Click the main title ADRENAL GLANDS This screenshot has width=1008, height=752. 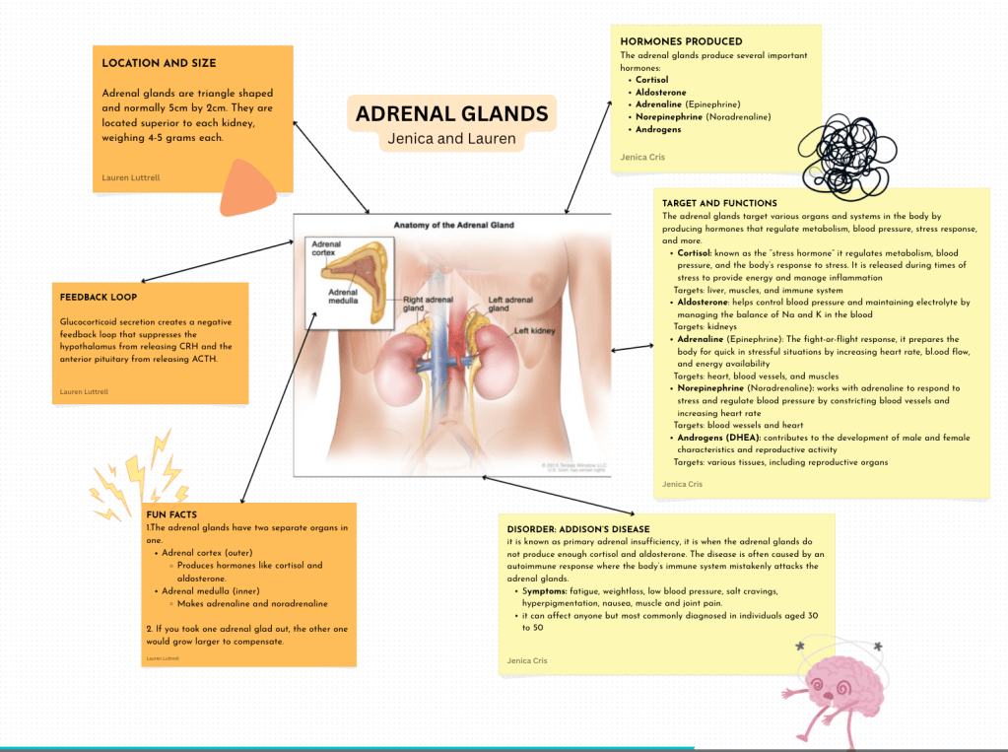click(x=452, y=114)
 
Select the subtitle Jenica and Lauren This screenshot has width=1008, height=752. click(x=452, y=138)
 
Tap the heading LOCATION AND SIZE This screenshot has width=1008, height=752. click(x=159, y=63)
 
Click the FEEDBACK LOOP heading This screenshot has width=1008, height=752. click(x=99, y=298)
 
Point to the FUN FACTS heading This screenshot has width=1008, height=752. click(x=171, y=514)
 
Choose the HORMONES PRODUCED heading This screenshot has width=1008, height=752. click(x=682, y=41)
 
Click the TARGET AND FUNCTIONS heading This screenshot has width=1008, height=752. click(x=719, y=203)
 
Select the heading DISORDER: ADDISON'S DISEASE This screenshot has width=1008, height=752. click(x=578, y=529)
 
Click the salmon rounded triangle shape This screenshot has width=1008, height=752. click(x=246, y=188)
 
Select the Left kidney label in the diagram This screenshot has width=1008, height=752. click(x=534, y=330)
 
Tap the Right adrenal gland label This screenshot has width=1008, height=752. click(x=429, y=304)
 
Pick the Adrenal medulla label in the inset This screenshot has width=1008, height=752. click(x=343, y=296)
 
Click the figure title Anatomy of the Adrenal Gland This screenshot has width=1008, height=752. click(x=454, y=225)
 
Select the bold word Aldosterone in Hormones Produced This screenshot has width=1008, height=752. click(x=661, y=92)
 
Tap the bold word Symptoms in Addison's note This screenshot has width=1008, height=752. click(x=545, y=591)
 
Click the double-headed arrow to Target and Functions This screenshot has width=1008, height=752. click(x=633, y=348)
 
